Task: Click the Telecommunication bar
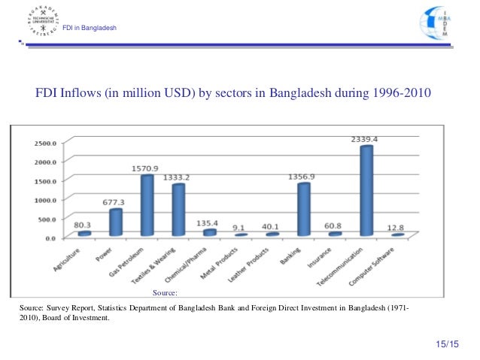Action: pyautogui.click(x=366, y=192)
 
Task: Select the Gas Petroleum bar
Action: pyautogui.click(x=147, y=206)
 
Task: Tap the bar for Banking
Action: pyautogui.click(x=303, y=210)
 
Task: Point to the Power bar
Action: pyautogui.click(x=116, y=222)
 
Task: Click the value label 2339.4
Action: pyautogui.click(x=364, y=138)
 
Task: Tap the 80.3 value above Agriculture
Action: pyautogui.click(x=84, y=223)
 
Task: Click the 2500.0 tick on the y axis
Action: pyautogui.click(x=44, y=143)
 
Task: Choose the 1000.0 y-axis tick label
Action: pyautogui.click(x=44, y=201)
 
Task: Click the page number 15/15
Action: pyautogui.click(x=446, y=344)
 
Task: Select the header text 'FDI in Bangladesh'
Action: pyautogui.click(x=89, y=29)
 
